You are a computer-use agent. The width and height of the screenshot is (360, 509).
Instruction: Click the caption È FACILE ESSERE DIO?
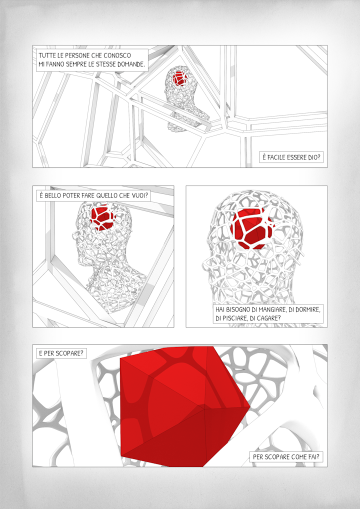click(x=291, y=157)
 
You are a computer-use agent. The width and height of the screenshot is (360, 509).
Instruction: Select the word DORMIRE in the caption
click(x=308, y=309)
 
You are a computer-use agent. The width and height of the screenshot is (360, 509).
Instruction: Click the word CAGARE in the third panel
click(x=268, y=318)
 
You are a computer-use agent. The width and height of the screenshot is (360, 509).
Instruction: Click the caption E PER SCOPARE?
click(x=61, y=353)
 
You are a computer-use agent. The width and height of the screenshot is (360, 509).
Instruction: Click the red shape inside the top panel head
click(x=178, y=78)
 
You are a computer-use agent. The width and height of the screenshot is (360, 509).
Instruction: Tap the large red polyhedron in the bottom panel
click(x=182, y=406)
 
